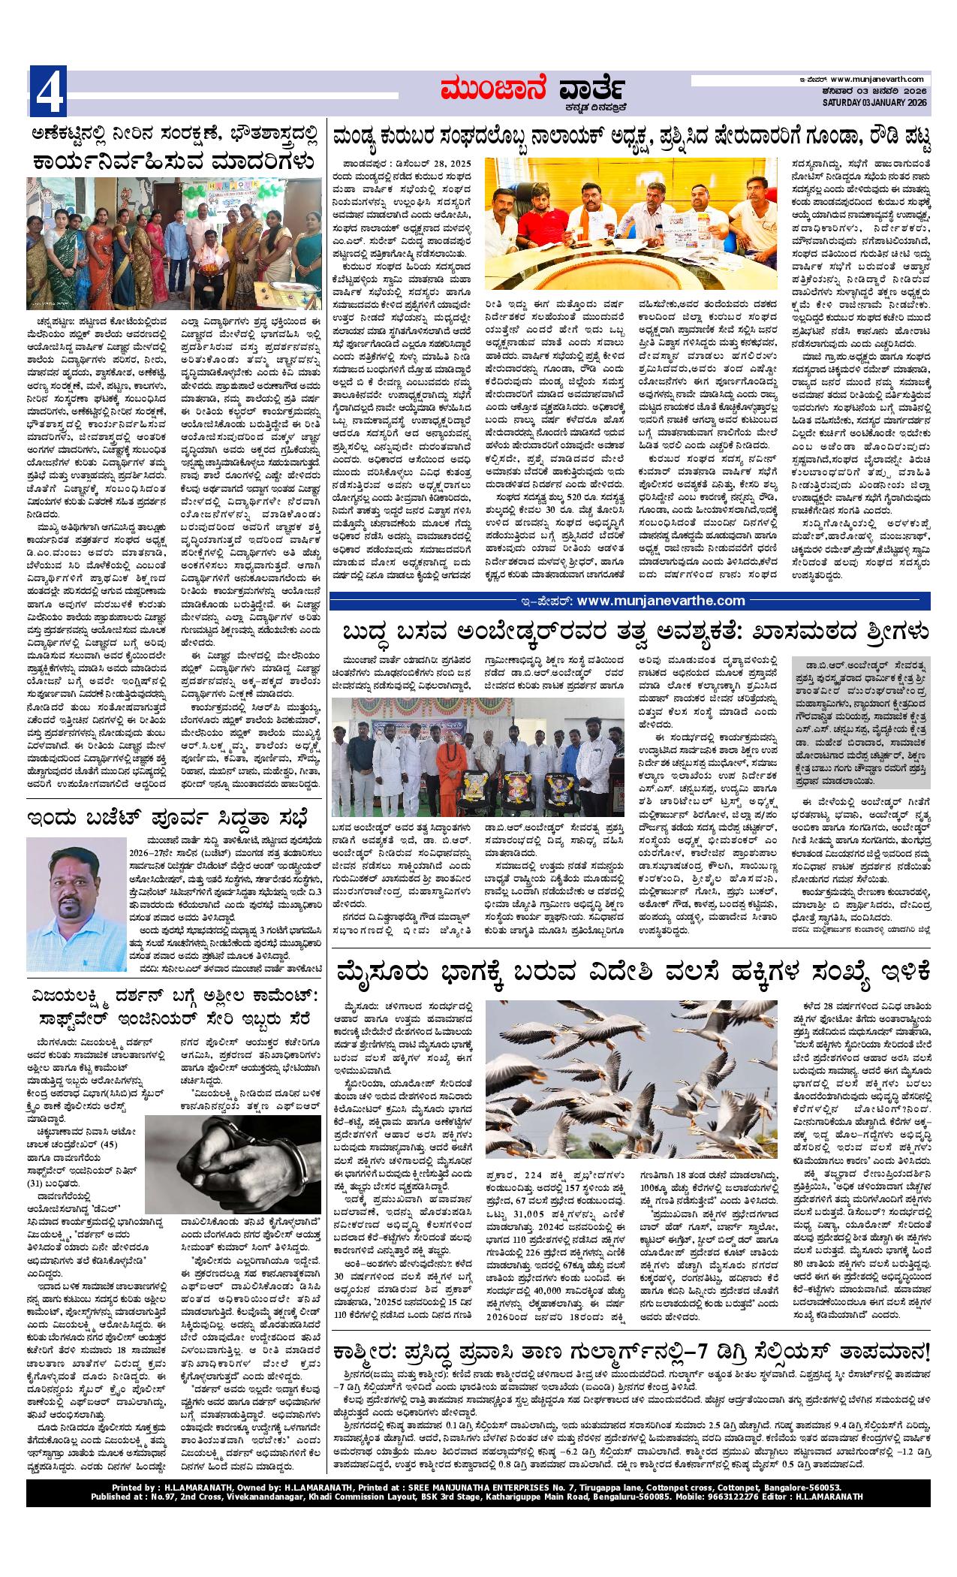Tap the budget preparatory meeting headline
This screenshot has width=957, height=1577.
click(x=164, y=817)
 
